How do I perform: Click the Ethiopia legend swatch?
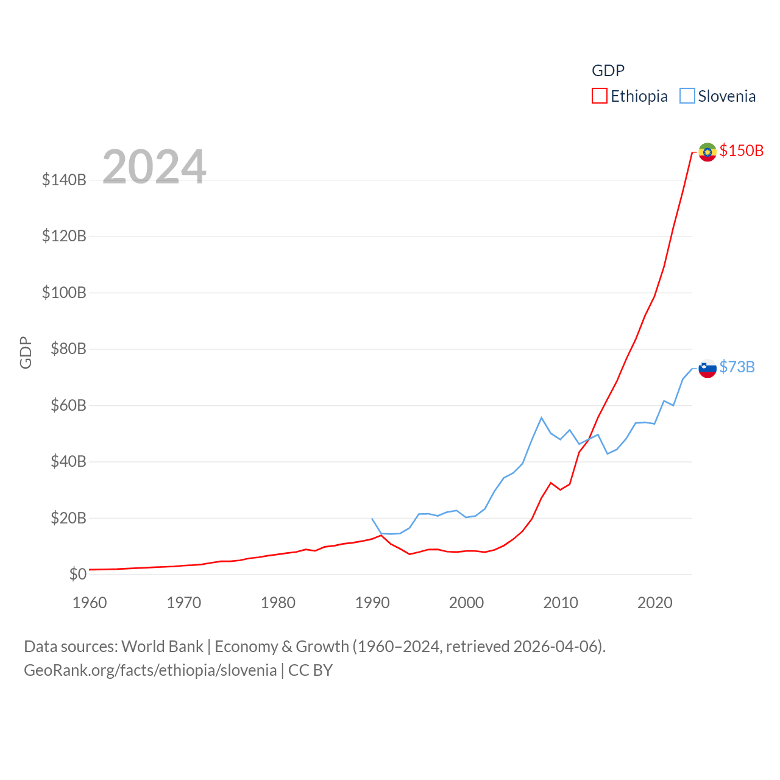coord(600,96)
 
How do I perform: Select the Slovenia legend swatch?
coord(687,96)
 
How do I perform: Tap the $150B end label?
coord(741,151)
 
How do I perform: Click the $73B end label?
coord(737,367)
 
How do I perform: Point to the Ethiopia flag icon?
coord(707,152)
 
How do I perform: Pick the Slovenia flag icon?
coord(707,368)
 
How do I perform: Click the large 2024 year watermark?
coord(154,166)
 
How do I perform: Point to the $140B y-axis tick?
coord(64,180)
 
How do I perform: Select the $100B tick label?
coord(64,292)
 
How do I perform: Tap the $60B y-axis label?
coord(68,405)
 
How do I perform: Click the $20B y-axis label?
coord(68,518)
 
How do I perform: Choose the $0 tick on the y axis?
coord(77,574)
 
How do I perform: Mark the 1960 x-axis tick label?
coord(90,603)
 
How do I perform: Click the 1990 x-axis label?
coord(372,603)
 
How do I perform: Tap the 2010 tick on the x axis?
coord(561,603)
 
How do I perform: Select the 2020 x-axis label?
coord(655,603)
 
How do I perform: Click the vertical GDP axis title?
coord(26,352)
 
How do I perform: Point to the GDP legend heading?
coord(608,71)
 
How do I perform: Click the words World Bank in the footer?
coord(162,646)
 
